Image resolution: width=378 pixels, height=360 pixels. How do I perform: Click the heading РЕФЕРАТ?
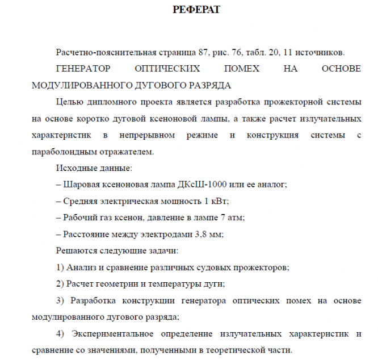[x=196, y=10]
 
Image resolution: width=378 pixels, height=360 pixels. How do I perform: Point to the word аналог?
[x=272, y=185]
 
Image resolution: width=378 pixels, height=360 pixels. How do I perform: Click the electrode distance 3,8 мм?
[x=208, y=234]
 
